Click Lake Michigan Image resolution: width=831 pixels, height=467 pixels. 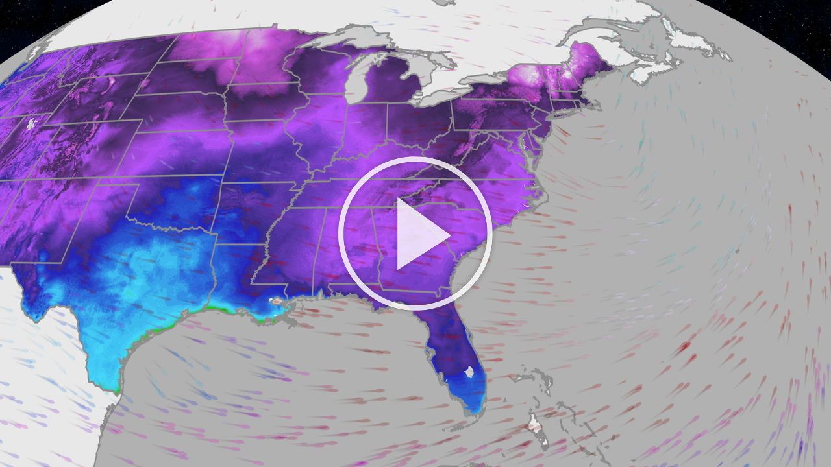click(x=355, y=81)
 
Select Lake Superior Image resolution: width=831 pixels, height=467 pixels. click(x=338, y=40)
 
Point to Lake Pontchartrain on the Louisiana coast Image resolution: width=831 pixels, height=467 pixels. click(x=278, y=302)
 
